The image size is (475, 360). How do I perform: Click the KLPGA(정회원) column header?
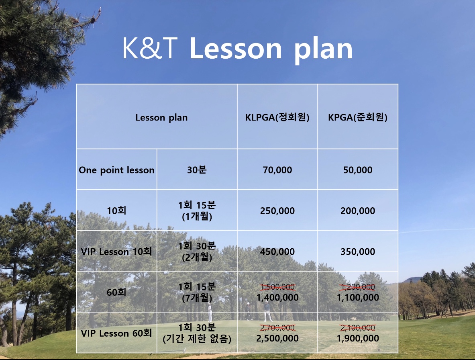click(x=277, y=117)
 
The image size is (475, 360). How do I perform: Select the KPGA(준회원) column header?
click(x=358, y=117)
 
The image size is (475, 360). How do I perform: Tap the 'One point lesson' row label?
click(x=116, y=170)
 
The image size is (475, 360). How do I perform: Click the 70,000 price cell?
click(x=277, y=170)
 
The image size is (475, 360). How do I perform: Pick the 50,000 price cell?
click(x=358, y=170)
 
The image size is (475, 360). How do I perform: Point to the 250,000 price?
click(x=277, y=211)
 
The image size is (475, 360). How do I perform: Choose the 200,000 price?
click(x=358, y=211)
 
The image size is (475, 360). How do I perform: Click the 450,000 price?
click(x=277, y=252)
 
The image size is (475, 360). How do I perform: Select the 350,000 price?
click(x=358, y=252)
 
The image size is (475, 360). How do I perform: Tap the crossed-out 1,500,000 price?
click(x=277, y=286)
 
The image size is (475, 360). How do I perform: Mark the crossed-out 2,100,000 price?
click(x=358, y=327)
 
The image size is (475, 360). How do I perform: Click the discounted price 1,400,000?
click(x=277, y=298)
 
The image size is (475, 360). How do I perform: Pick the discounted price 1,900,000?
click(x=358, y=338)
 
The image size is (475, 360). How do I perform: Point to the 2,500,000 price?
click(x=277, y=338)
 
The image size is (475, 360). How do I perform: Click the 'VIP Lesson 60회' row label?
click(x=116, y=333)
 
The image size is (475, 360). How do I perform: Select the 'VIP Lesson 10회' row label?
click(x=116, y=252)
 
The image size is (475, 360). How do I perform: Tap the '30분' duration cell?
click(x=197, y=170)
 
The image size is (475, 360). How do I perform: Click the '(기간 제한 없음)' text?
click(x=197, y=338)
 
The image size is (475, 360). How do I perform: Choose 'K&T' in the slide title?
click(x=150, y=48)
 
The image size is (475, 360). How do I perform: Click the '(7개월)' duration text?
click(x=197, y=298)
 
